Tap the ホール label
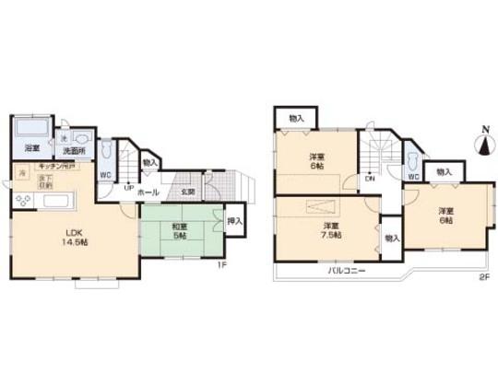pos(148,192)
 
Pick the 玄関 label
pos(187,192)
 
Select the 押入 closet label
pos(235,221)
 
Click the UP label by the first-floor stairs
pos(129,187)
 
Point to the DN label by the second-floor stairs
pos(369,179)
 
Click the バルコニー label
pos(347,271)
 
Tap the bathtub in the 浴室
pos(32,127)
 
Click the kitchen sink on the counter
pos(57,201)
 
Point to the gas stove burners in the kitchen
pos(22,199)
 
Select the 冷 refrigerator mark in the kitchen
pos(20,172)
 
